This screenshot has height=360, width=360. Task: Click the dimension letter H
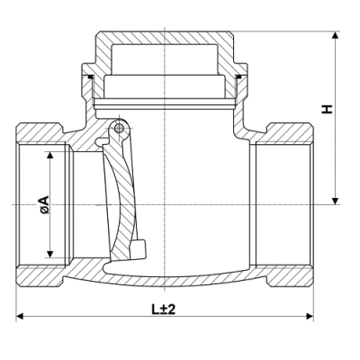(x=328, y=108)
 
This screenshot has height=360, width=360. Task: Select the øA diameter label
(x=45, y=205)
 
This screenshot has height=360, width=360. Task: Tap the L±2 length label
(x=163, y=309)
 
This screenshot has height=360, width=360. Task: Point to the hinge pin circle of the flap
(x=118, y=134)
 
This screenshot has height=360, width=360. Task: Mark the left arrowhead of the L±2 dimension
(x=21, y=317)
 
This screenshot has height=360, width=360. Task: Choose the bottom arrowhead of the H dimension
(x=336, y=200)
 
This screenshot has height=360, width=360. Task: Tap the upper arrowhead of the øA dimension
(x=49, y=154)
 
